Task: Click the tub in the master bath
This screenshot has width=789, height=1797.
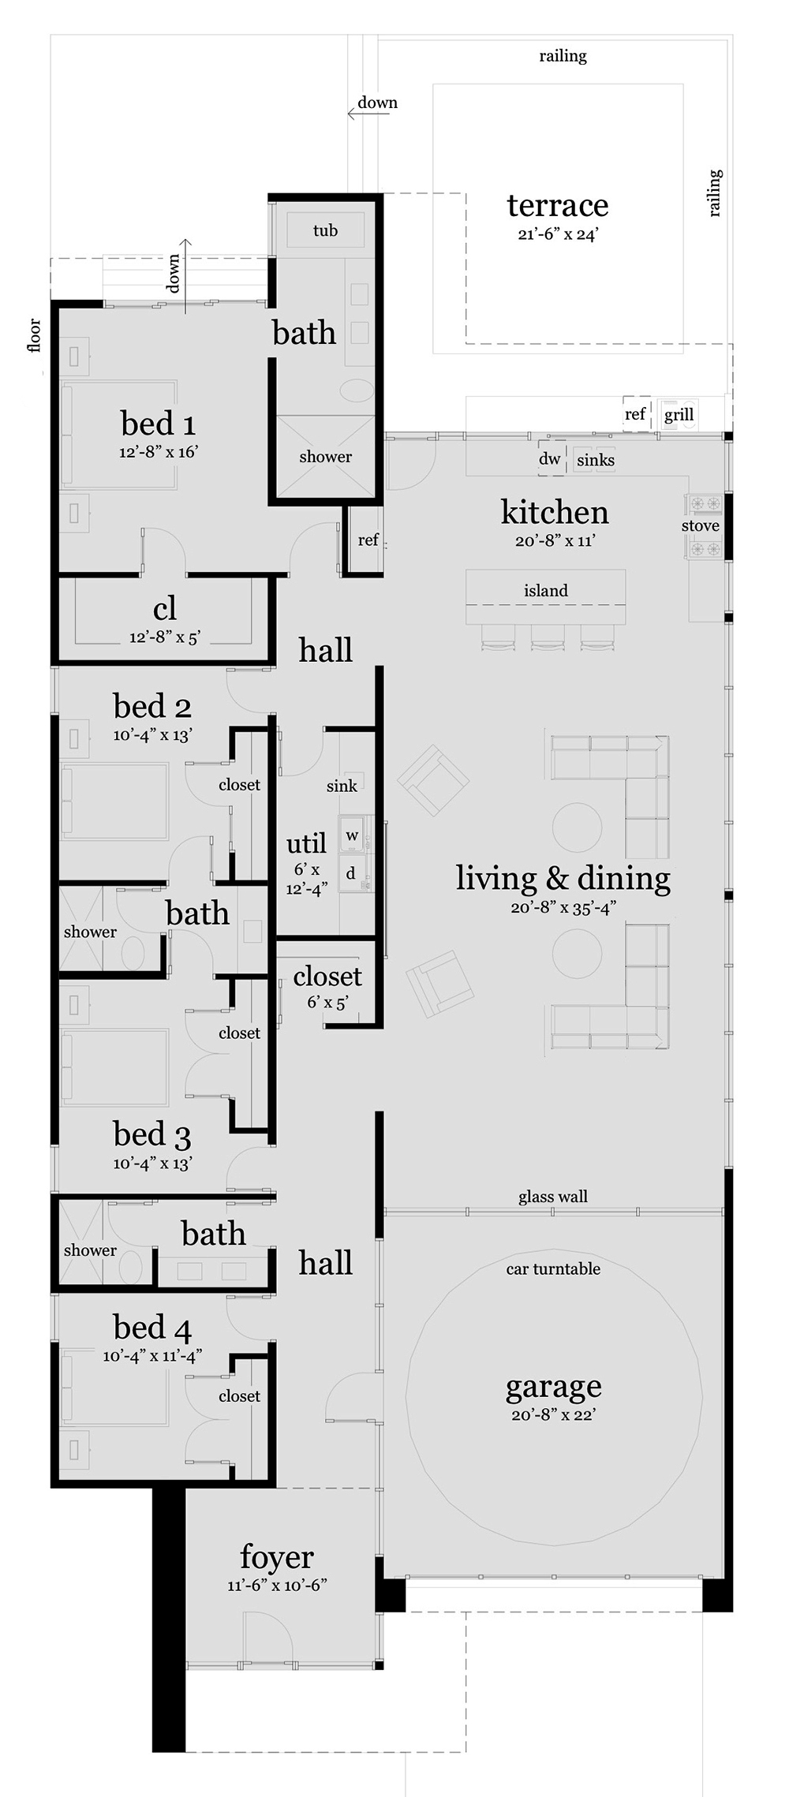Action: pos(325,230)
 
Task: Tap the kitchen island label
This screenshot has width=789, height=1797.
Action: pos(546,590)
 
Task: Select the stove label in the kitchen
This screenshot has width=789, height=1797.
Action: pos(701,525)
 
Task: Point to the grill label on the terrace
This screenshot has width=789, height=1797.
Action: pos(679,414)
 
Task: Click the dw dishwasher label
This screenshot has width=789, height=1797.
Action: pos(550,459)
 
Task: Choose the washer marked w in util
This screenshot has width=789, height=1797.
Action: pos(352,836)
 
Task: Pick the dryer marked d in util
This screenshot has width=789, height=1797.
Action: pos(351,873)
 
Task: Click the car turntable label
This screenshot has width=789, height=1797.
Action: pos(553,1268)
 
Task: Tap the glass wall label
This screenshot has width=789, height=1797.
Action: pos(553,1197)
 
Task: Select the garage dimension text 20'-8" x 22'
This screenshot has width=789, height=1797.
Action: pos(553,1414)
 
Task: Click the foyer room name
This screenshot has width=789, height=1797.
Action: pos(277,1558)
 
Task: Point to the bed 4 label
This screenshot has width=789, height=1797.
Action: pos(152,1328)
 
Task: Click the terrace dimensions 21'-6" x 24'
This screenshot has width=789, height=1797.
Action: pos(559,234)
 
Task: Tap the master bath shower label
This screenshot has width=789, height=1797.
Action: pos(325,457)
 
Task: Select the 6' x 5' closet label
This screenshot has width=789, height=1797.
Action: pos(328,1002)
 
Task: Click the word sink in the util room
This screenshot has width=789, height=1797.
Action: pos(342,786)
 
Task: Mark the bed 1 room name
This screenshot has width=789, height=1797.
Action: pos(158,424)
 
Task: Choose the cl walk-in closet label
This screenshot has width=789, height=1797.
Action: pos(165,608)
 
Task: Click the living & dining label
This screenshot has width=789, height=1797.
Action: pos(563,878)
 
